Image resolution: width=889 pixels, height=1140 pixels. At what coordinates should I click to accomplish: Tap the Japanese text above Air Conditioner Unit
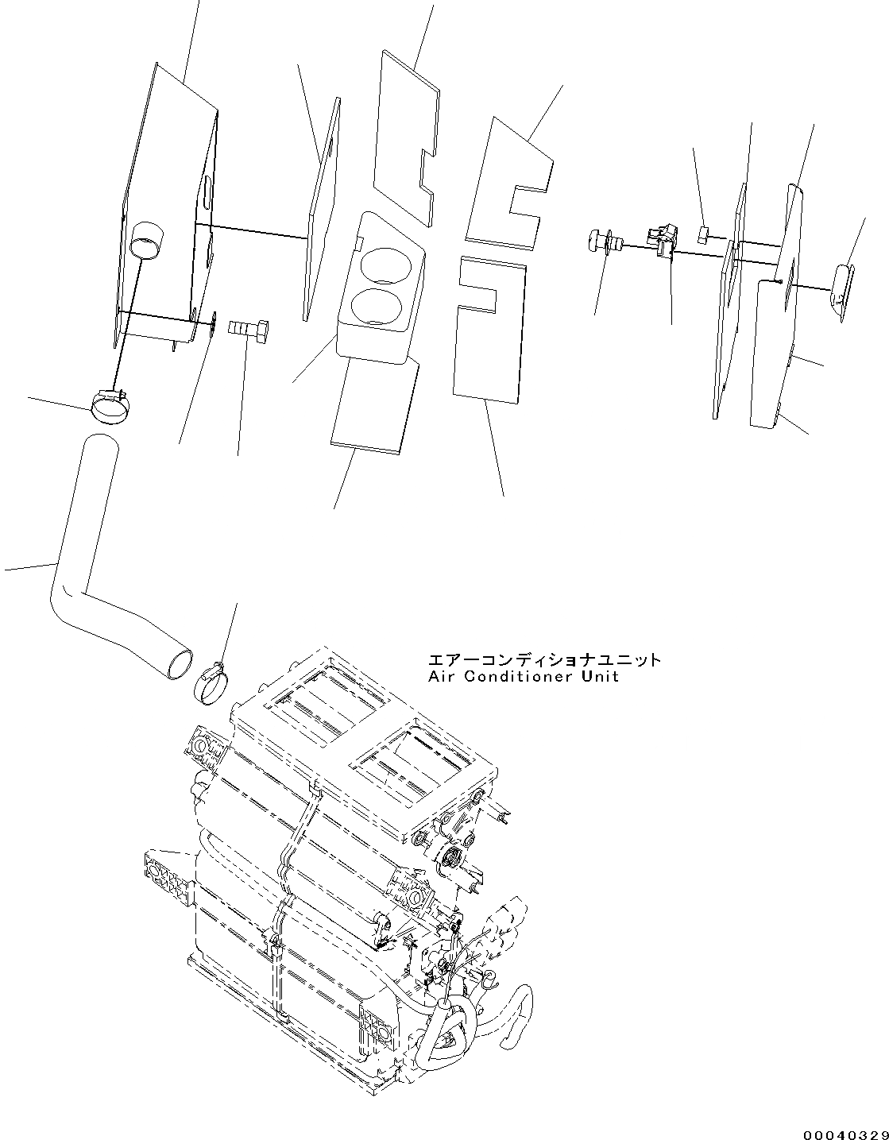pos(543,660)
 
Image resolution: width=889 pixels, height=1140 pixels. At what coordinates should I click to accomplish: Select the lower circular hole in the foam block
pos(373,304)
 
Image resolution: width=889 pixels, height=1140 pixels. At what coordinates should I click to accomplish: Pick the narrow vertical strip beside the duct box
pos(322,211)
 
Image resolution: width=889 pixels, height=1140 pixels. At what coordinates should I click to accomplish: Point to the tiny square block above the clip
pos(704,234)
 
